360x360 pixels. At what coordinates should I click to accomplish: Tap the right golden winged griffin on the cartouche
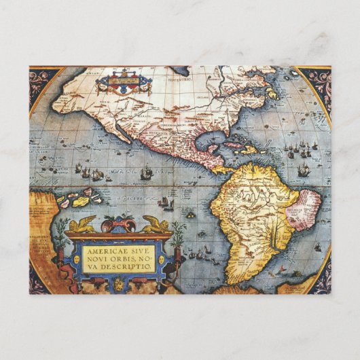point(154,224)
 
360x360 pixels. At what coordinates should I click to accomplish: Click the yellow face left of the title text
point(76,259)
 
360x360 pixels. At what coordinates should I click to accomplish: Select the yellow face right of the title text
point(162,259)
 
